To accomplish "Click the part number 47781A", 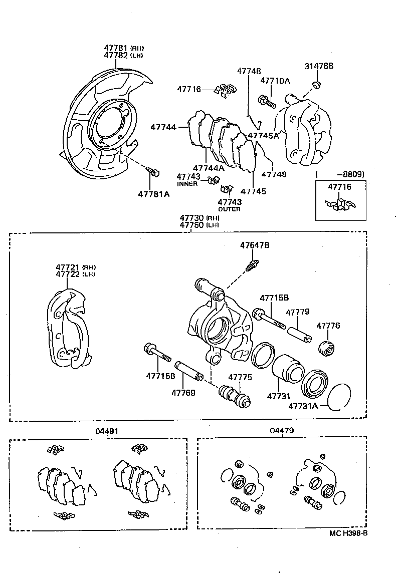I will pos(153,194).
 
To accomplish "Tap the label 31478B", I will pos(318,66).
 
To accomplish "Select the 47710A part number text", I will pos(275,80).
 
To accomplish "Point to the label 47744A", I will pos(208,168).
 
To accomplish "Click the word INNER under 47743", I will pos(187,184).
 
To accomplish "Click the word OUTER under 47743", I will pos(229,209).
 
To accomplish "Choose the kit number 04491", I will pos(107,431).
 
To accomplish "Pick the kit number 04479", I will pos(282,430).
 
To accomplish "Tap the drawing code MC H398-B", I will pos(348,533).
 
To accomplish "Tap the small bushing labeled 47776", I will pos(327,348).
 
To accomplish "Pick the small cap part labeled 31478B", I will pos(317,83).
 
